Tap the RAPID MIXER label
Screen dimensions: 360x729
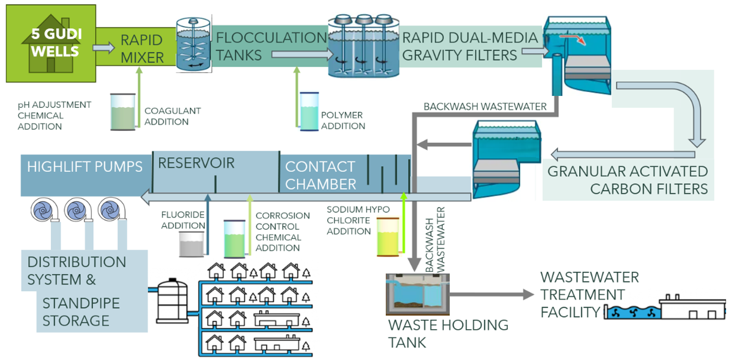[142, 49]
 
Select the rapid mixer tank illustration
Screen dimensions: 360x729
[193, 44]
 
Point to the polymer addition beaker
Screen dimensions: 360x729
[309, 111]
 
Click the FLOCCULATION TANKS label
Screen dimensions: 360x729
[271, 46]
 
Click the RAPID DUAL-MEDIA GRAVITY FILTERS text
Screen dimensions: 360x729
[469, 46]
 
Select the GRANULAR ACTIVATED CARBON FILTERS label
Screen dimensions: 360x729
[627, 179]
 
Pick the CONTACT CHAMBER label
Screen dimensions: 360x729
[321, 175]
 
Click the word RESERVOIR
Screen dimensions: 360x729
[196, 163]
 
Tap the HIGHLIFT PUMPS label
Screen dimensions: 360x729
[85, 167]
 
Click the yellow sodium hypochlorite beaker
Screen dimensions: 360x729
[388, 236]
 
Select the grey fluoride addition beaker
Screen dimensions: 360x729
[191, 243]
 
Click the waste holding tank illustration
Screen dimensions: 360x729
[418, 294]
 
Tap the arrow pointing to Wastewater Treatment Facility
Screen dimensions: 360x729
[492, 295]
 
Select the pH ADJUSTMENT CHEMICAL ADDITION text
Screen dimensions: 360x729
[54, 115]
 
